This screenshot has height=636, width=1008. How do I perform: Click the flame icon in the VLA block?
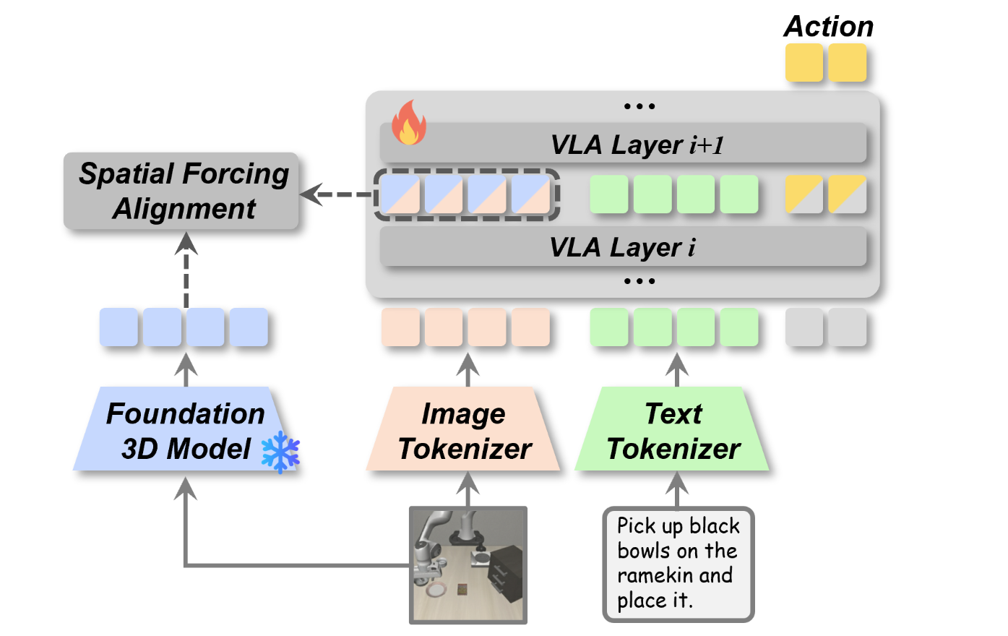click(x=408, y=123)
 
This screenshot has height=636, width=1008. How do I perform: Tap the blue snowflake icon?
click(x=280, y=453)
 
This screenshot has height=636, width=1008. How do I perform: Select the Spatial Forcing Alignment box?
click(x=181, y=192)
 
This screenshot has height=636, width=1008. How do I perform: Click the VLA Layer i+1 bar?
click(x=623, y=145)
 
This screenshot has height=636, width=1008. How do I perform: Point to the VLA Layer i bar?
click(x=623, y=247)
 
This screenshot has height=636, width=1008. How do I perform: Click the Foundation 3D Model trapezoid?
click(x=185, y=430)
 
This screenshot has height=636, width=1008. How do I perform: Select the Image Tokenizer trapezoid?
click(x=464, y=431)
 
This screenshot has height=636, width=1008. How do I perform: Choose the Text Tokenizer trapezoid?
click(x=673, y=431)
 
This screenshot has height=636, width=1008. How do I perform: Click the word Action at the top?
click(x=828, y=27)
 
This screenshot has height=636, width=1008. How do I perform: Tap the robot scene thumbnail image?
click(x=468, y=564)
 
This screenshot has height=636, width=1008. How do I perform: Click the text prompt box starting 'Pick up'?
click(x=678, y=564)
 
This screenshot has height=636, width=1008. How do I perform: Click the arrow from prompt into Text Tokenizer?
click(x=677, y=489)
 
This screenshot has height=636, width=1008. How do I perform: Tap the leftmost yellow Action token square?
click(x=804, y=63)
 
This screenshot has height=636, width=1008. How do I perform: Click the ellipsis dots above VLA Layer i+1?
click(x=639, y=106)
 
